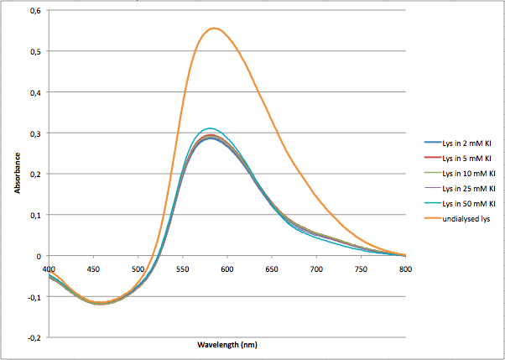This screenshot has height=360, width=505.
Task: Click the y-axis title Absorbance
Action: click(x=18, y=174)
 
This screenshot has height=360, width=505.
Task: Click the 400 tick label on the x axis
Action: click(x=49, y=269)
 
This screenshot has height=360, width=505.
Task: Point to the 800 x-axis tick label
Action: click(x=404, y=269)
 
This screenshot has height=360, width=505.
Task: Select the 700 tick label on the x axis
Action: click(x=315, y=269)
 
